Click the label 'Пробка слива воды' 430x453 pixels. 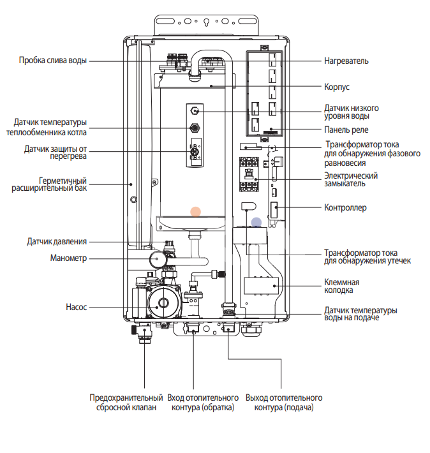point(52,61)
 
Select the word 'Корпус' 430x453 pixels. point(337,86)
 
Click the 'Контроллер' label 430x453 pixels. point(345,207)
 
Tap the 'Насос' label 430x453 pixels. point(75,307)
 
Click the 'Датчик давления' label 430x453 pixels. point(57,242)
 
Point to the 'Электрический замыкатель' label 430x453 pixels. point(352,179)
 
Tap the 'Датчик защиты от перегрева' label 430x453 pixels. point(55,152)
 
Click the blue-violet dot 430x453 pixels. point(256,223)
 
